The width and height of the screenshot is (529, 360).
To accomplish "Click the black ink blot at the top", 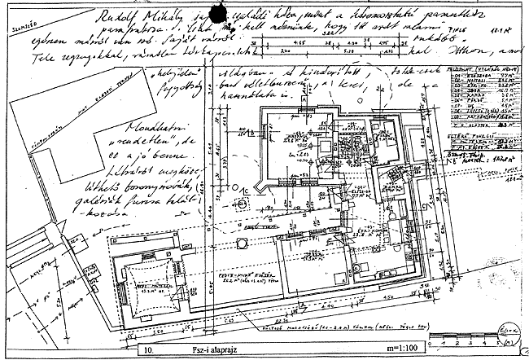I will click(218, 13).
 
